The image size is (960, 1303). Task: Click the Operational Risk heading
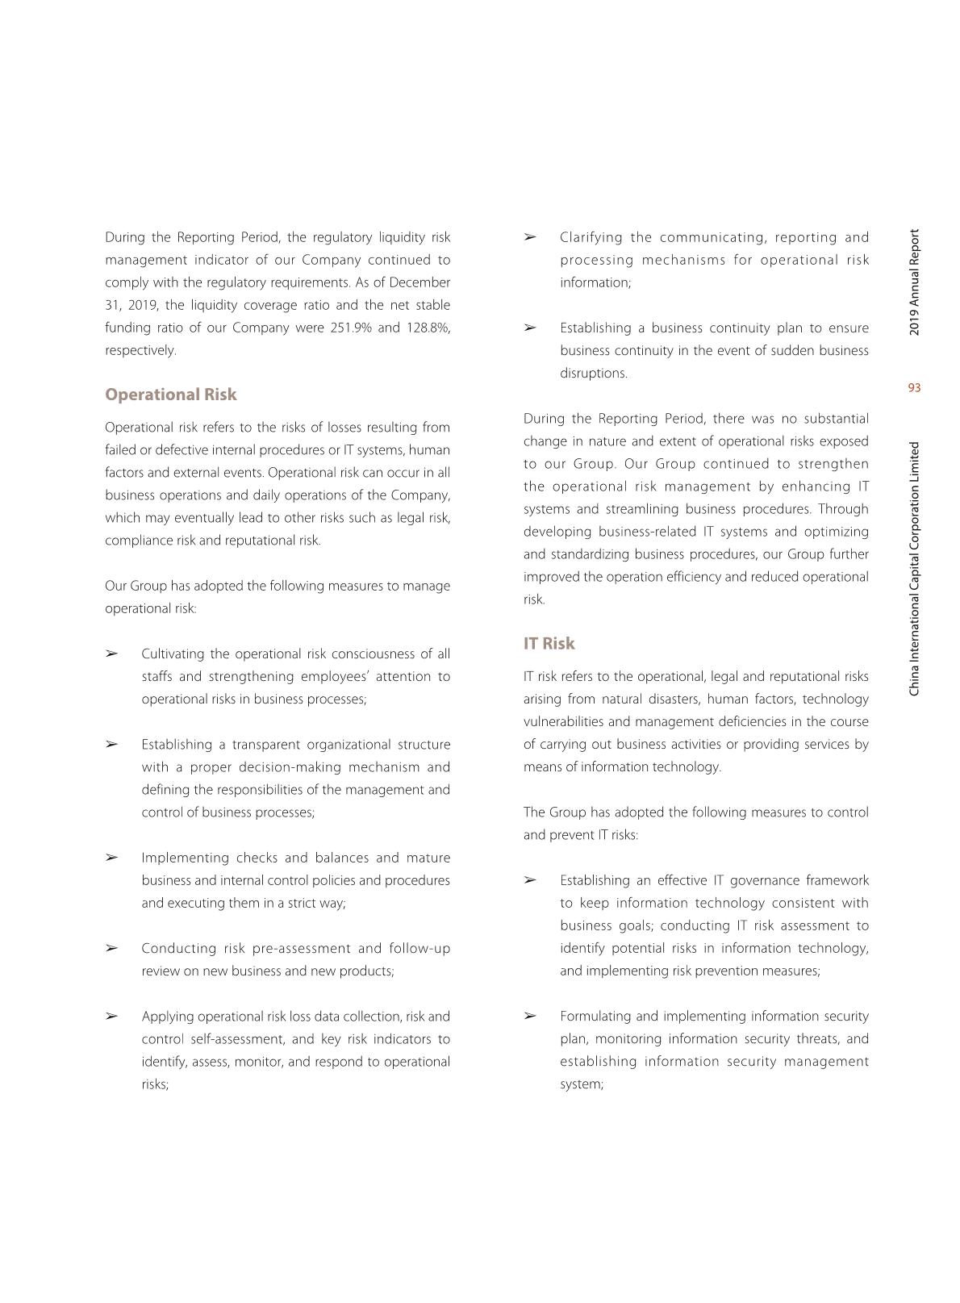(170, 395)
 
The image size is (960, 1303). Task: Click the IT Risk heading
(549, 643)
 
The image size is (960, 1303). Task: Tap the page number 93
(914, 388)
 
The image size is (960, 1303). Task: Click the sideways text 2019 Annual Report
(914, 282)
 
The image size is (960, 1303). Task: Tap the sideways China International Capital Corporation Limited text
(914, 569)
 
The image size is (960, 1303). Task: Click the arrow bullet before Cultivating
(112, 654)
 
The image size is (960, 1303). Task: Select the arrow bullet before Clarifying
(530, 237)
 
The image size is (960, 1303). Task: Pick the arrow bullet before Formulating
(530, 1016)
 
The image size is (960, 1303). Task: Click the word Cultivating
(173, 654)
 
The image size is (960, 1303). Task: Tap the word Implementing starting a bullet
(185, 858)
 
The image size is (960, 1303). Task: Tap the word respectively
(140, 350)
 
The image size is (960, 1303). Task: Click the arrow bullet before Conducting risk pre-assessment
(112, 948)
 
